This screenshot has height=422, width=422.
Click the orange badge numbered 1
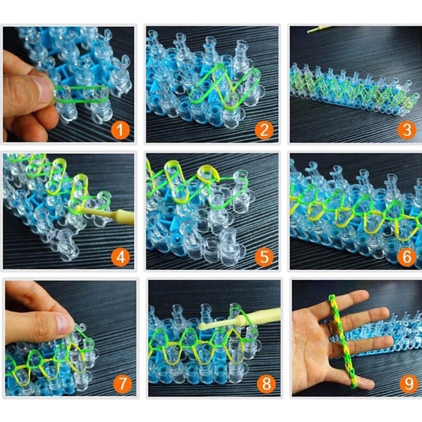tap(121, 130)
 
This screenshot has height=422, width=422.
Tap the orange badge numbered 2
tap(264, 130)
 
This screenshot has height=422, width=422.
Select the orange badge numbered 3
tap(406, 130)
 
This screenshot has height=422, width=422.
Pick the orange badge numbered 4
tap(121, 257)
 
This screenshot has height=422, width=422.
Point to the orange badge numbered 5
tap(264, 257)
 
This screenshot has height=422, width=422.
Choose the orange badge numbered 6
tap(406, 257)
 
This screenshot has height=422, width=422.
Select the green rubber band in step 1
tap(80, 95)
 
